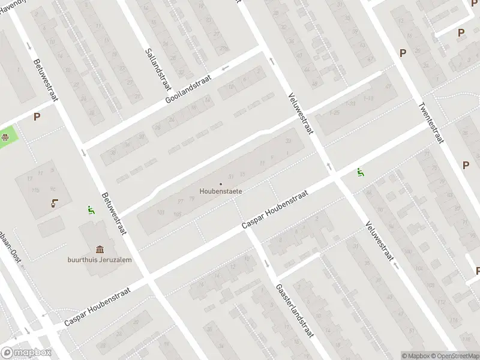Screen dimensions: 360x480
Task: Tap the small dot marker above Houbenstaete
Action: tap(220, 184)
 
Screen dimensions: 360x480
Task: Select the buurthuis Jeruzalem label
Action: tap(100, 260)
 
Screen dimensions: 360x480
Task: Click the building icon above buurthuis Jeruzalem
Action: tap(100, 249)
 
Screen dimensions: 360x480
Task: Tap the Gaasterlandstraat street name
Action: tap(295, 312)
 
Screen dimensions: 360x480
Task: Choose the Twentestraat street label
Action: tap(430, 122)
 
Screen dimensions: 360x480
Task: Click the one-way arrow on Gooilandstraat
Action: tap(225, 68)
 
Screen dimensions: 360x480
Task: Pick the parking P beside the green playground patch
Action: tap(37, 117)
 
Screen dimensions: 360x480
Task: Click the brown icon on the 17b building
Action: tap(55, 203)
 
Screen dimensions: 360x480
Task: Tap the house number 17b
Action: tap(35, 190)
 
